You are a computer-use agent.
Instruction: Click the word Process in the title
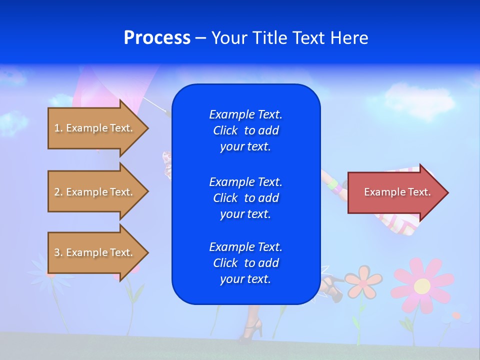(x=157, y=38)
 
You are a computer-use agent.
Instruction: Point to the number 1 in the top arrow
(x=57, y=128)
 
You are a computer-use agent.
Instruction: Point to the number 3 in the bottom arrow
(x=57, y=252)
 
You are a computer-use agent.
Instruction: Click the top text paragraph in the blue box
(x=245, y=130)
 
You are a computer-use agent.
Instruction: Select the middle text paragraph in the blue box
(x=245, y=198)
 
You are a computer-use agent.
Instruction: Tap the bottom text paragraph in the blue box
(x=245, y=263)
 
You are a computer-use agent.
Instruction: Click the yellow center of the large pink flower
(x=422, y=286)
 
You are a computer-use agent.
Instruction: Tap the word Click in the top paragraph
(x=225, y=130)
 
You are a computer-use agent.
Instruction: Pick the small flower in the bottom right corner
(x=456, y=316)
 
